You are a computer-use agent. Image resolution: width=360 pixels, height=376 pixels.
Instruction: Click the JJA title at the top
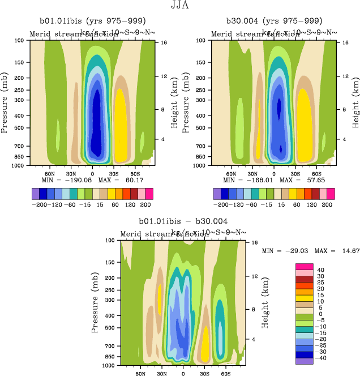[x=180, y=6]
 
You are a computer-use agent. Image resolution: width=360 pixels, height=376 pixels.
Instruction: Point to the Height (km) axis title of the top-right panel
[x=355, y=102]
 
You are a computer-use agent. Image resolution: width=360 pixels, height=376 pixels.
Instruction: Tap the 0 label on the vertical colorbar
[x=319, y=314]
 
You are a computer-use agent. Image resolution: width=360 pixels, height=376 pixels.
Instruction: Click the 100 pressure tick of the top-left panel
[x=20, y=41]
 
